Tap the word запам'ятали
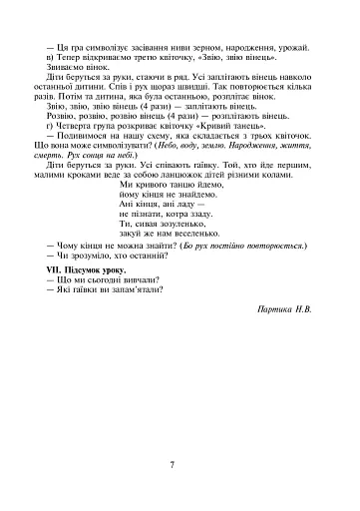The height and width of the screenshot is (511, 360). point(147,319)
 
